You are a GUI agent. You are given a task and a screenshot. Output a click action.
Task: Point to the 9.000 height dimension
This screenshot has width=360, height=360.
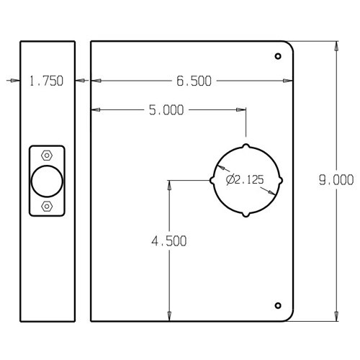pos(335,180)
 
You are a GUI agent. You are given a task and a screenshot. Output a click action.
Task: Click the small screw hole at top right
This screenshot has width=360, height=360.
pos(278,56)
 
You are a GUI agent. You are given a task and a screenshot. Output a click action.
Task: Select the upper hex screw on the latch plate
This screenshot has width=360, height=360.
pos(47,155)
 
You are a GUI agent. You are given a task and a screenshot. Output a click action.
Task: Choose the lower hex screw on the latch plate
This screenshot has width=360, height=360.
pos(47,207)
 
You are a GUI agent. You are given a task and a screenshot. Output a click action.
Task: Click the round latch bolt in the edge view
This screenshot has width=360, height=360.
pos(47,181)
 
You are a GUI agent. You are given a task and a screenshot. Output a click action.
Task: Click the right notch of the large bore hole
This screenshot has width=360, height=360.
pos(281,180)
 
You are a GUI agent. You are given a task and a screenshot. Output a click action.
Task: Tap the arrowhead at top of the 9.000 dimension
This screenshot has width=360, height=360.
pos(335,45)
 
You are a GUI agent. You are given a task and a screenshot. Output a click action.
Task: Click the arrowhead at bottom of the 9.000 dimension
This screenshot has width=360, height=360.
pos(335,315)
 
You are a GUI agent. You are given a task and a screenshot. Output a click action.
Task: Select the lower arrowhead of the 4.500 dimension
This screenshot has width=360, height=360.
pos(169,315)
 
